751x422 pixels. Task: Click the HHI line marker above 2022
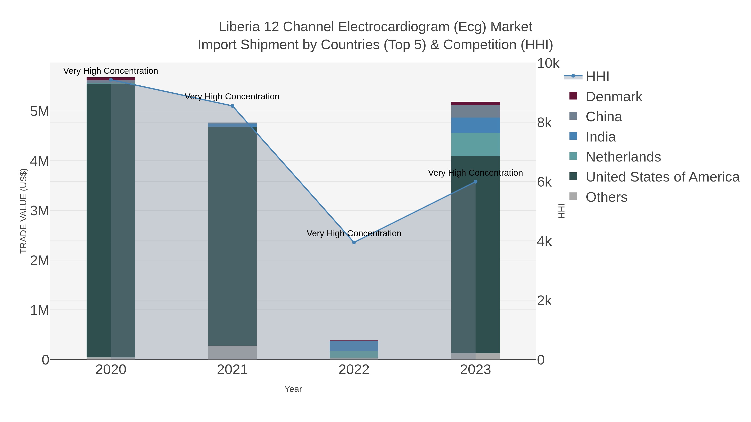[354, 242]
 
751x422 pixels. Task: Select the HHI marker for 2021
[232, 106]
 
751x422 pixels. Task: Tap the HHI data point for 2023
[475, 182]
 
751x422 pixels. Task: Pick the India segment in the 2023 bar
[475, 125]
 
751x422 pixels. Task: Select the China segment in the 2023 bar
[475, 111]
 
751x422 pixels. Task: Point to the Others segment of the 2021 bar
[232, 352]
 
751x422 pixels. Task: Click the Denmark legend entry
[614, 97]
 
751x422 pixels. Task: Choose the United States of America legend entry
[662, 177]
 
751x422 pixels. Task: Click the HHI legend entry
[597, 77]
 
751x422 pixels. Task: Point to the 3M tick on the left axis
[40, 210]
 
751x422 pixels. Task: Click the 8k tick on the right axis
[544, 123]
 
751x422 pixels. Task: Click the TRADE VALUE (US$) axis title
[23, 211]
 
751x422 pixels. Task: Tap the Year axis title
[293, 389]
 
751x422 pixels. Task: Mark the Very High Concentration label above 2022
[354, 233]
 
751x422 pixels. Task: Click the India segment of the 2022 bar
[354, 346]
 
